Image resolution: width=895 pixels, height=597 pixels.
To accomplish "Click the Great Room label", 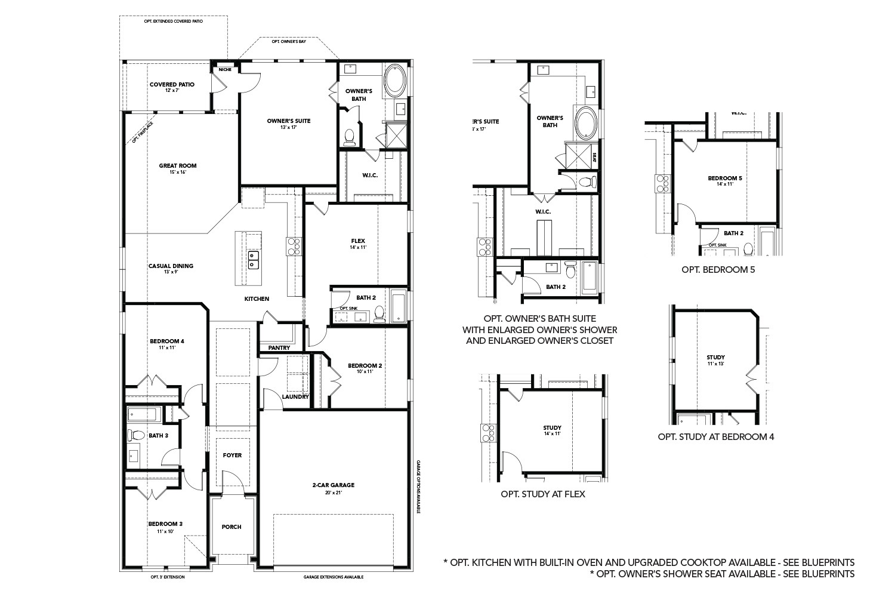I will click(177, 166).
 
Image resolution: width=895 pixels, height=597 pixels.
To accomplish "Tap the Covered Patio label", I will click(172, 85).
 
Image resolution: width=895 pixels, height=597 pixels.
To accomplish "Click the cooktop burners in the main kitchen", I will click(294, 245).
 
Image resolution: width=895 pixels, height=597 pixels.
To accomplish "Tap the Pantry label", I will click(279, 347).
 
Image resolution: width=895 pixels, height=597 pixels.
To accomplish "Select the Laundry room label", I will click(295, 396).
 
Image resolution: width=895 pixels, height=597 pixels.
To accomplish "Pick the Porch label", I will click(232, 527).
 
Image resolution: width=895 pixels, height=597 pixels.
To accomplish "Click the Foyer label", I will click(232, 456).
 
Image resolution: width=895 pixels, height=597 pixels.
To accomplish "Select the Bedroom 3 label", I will click(165, 524).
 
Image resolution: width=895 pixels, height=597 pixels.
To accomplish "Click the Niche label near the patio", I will click(225, 70).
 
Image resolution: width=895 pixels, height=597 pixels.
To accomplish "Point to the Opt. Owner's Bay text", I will click(285, 42).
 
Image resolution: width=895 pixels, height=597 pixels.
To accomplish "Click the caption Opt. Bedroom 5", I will click(718, 269).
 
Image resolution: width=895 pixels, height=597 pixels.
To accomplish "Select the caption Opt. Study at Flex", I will click(543, 494).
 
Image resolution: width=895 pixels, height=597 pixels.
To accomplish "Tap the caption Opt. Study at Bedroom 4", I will click(716, 436).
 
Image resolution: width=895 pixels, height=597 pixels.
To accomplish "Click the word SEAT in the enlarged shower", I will click(594, 158).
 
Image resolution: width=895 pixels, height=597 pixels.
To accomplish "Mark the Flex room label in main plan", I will click(358, 241).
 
